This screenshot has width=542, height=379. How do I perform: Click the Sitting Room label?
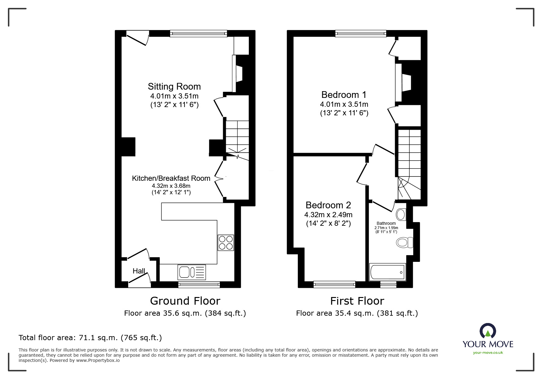pyautogui.click(x=174, y=87)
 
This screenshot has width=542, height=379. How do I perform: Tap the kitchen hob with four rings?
pyautogui.click(x=226, y=243)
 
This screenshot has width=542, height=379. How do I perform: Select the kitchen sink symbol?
pyautogui.click(x=192, y=272)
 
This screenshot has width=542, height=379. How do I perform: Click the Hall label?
pyautogui.click(x=139, y=271)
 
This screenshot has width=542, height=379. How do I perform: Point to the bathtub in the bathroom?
pyautogui.click(x=387, y=272)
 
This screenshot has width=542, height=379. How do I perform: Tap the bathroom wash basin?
pyautogui.click(x=401, y=214)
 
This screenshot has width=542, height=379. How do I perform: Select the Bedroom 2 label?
pyautogui.click(x=328, y=205)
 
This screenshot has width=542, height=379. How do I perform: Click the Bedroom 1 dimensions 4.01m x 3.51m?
pyautogui.click(x=344, y=104)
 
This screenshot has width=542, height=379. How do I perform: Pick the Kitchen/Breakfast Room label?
pyautogui.click(x=171, y=178)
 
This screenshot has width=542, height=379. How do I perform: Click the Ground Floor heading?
pyautogui.click(x=185, y=301)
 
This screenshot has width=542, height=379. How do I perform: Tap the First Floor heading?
pyautogui.click(x=357, y=301)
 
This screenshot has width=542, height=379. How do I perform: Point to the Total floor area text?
pyautogui.click(x=90, y=338)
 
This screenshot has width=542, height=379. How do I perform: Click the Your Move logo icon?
pyautogui.click(x=488, y=331)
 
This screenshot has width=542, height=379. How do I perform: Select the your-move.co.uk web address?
pyautogui.click(x=488, y=353)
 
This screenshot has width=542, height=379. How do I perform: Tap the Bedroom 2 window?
pyautogui.click(x=334, y=284)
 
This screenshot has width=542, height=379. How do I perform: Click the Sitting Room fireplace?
pyautogui.click(x=238, y=74)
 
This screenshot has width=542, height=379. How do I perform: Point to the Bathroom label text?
pyautogui.click(x=386, y=223)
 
